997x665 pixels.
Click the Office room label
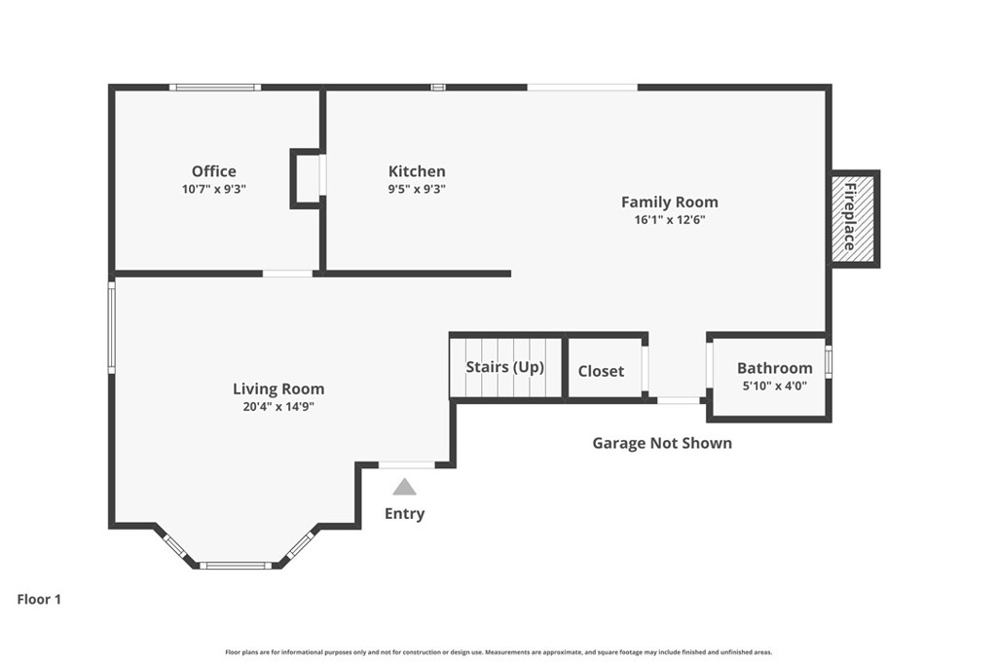click(x=213, y=171)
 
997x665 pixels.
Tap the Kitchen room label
click(x=417, y=171)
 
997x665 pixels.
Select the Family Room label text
click(x=670, y=203)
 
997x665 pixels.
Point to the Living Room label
click(x=278, y=388)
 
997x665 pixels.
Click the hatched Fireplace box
click(x=854, y=218)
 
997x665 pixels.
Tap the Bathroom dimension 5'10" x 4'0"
click(x=774, y=386)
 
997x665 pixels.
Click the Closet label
click(x=601, y=371)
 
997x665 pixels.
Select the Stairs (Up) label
click(x=505, y=367)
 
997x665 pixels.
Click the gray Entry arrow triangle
click(x=404, y=487)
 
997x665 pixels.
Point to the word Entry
click(x=404, y=514)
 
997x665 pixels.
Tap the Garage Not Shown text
click(x=662, y=443)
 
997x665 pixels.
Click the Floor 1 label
click(x=39, y=599)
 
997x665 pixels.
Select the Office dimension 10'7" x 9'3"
click(x=213, y=189)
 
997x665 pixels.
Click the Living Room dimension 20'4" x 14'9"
click(x=278, y=406)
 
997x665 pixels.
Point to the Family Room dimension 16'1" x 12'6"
click(x=670, y=220)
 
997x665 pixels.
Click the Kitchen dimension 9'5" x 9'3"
click(x=417, y=189)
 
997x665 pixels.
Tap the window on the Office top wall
click(x=215, y=87)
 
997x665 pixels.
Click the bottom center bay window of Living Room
click(x=236, y=565)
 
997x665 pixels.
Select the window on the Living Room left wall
click(x=111, y=327)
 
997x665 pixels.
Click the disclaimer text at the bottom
click(x=498, y=651)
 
